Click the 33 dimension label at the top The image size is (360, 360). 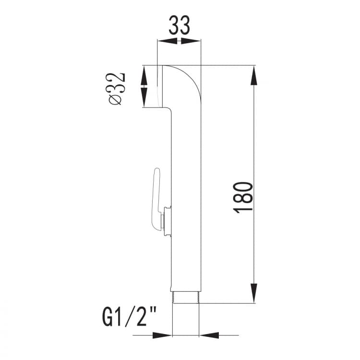(180, 25)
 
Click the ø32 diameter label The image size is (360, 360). (117, 89)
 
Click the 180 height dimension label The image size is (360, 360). (243, 197)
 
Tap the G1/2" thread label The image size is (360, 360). (130, 317)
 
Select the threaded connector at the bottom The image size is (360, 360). (185, 298)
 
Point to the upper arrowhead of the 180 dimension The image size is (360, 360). (254, 75)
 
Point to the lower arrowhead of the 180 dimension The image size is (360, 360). (254, 293)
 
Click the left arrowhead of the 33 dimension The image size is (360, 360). (168, 41)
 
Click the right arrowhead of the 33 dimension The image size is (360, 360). (191, 41)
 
